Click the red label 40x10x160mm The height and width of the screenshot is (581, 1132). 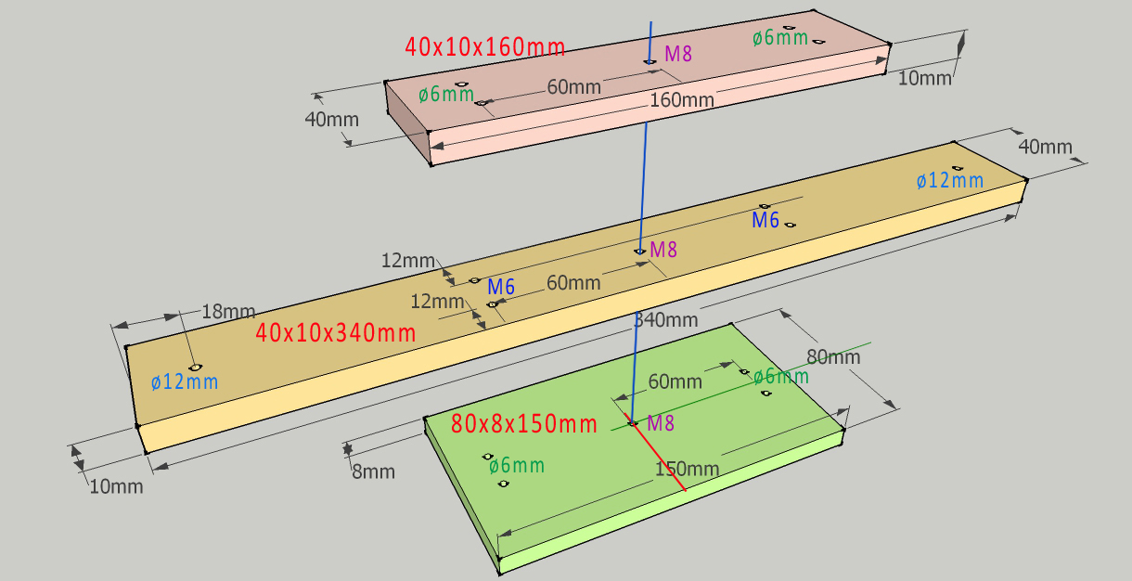[x=484, y=45]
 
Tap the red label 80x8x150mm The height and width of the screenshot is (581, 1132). [x=524, y=424]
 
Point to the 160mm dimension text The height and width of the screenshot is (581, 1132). [x=682, y=99]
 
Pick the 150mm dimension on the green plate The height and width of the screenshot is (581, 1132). [x=688, y=469]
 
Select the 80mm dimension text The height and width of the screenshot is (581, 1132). [x=832, y=357]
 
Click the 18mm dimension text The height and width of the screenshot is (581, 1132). [x=228, y=312]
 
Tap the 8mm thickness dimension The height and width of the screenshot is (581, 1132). [x=373, y=471]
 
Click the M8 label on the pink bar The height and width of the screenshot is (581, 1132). [x=678, y=53]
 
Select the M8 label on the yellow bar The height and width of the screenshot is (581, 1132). [x=663, y=249]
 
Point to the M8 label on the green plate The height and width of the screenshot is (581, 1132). [x=661, y=424]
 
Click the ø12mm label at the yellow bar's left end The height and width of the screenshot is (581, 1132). [x=185, y=381]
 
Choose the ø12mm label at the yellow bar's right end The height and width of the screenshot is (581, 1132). [x=949, y=181]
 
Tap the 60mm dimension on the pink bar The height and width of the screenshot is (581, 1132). [x=573, y=87]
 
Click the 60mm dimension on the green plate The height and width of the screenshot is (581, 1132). [x=675, y=381]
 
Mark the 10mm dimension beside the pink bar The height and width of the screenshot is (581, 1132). [x=925, y=78]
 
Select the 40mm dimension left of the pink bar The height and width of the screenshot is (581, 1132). [x=331, y=120]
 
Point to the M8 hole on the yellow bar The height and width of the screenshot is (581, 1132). [x=639, y=252]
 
